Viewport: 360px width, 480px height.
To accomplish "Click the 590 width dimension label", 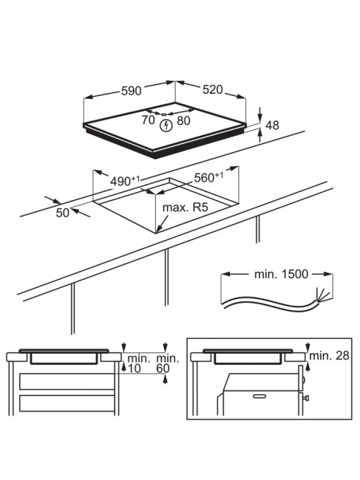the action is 132,91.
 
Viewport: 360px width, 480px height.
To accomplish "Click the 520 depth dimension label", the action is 213,89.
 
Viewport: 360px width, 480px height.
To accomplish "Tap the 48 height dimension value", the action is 272,126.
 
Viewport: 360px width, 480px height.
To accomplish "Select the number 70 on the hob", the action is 149,120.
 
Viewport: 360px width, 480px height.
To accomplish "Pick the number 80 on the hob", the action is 183,120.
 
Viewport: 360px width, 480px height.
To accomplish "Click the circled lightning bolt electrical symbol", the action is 166,126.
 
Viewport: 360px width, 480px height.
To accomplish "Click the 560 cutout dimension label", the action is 208,177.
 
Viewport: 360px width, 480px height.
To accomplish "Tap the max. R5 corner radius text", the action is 185,208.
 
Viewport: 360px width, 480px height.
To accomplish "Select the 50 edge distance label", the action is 63,213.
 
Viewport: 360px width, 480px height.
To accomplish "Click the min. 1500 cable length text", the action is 281,274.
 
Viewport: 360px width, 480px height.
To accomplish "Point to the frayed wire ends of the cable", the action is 322,295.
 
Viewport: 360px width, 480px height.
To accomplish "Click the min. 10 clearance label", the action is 138,363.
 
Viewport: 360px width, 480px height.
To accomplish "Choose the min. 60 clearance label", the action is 167,363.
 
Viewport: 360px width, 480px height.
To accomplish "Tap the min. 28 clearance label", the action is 329,355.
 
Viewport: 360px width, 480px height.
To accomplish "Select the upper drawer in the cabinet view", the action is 67,382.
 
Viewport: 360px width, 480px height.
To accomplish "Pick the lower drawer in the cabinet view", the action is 67,403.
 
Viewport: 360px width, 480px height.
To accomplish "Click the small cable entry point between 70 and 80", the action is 164,114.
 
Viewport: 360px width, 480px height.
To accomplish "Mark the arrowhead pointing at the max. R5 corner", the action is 159,228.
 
